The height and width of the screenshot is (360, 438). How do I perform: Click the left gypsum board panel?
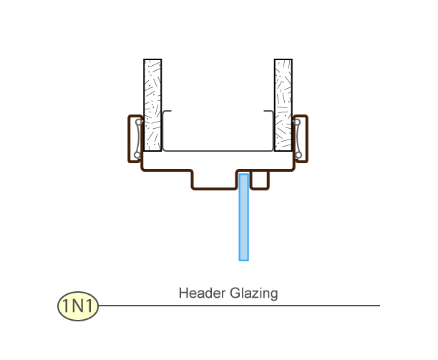click(152, 104)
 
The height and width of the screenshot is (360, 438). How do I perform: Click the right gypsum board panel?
click(283, 104)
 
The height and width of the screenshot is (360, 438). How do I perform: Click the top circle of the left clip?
click(137, 122)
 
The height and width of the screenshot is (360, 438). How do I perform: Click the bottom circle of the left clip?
click(137, 155)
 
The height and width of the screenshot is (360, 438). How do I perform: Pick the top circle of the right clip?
click(297, 122)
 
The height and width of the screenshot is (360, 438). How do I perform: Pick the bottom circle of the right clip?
click(297, 155)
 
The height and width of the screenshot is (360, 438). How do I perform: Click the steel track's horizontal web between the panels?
click(217, 150)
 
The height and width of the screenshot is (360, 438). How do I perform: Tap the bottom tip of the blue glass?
click(244, 259)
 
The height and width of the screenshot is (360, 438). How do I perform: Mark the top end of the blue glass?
click(244, 175)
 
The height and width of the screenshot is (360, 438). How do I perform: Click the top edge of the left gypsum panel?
click(152, 59)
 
